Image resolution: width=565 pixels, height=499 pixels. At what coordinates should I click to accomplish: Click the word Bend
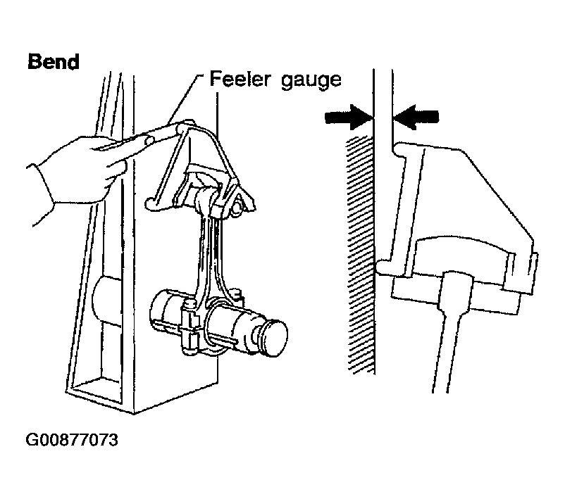(54, 61)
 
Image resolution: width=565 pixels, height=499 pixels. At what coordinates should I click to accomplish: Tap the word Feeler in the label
(240, 79)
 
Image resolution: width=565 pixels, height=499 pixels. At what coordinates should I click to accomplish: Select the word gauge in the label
(311, 81)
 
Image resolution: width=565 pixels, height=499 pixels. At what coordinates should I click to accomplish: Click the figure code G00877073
(72, 440)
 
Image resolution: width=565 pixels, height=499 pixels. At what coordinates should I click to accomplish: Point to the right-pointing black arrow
(349, 117)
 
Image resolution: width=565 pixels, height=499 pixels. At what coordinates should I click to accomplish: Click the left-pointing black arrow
(416, 117)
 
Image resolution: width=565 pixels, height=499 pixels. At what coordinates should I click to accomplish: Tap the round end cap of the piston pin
(276, 338)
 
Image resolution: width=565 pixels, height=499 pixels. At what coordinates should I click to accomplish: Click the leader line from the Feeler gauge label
(185, 99)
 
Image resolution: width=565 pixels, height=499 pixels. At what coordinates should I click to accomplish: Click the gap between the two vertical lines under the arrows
(383, 108)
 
